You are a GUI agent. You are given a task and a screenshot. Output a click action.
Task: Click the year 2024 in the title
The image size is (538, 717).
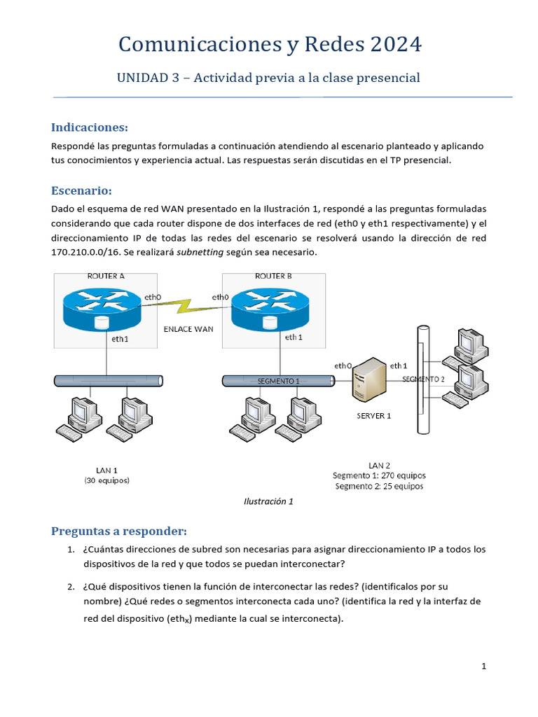point(392,45)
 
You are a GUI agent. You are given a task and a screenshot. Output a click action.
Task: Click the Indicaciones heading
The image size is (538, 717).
point(90,127)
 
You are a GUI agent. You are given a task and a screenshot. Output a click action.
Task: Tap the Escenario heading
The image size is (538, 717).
point(81,190)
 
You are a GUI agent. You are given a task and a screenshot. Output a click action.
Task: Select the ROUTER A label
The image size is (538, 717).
point(106,276)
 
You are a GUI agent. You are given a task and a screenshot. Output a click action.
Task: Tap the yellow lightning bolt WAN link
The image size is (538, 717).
point(186,305)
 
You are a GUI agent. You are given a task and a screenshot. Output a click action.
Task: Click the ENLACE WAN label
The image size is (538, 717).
point(188,328)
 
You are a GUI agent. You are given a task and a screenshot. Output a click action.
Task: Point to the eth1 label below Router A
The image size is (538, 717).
point(120,338)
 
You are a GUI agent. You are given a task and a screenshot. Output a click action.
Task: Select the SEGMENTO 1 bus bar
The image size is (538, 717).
point(278,381)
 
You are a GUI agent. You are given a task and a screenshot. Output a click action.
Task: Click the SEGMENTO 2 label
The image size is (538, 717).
point(423,379)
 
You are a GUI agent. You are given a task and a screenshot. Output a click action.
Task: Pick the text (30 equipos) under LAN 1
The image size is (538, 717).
point(106,481)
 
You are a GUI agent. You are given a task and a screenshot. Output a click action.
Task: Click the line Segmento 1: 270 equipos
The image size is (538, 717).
point(378,475)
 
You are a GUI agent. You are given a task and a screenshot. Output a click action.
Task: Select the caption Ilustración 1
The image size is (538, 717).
point(268,501)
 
